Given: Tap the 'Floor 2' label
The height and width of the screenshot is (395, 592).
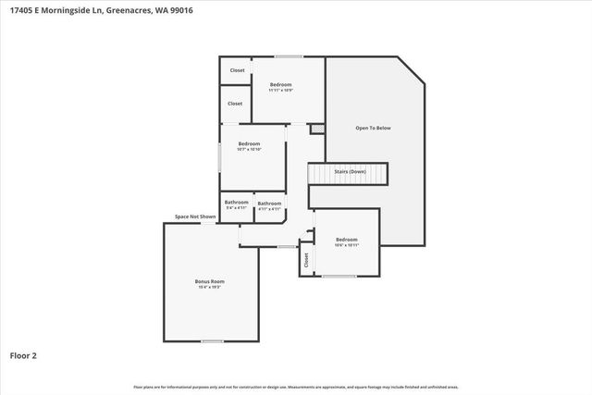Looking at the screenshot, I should tap(22, 354).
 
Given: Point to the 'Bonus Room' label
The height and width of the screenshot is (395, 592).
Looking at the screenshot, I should tap(209, 281).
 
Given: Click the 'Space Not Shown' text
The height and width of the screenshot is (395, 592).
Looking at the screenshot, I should tap(195, 217).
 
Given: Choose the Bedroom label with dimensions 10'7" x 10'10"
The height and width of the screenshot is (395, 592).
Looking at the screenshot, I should tap(249, 143).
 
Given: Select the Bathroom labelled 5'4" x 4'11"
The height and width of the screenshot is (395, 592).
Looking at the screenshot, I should tap(237, 202).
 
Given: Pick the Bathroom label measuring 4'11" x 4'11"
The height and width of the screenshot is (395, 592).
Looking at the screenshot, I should tap(269, 204).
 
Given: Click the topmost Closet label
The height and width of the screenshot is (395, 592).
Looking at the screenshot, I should tap(237, 70).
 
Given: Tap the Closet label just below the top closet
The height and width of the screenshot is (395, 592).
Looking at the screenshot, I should tap(235, 104).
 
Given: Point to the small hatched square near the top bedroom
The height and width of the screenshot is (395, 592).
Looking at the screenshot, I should tap(317, 129).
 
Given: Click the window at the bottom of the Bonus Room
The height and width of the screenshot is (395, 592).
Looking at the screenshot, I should tap(213, 341).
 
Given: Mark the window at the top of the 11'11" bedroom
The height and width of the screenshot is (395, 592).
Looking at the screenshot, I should tap(288, 57).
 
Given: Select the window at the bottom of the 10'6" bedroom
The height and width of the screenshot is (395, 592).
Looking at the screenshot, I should tap(338, 276).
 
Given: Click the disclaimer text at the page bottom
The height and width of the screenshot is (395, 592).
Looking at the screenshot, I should tap(296, 387).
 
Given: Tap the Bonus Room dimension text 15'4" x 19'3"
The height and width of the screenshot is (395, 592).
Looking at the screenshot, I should tap(209, 287).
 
